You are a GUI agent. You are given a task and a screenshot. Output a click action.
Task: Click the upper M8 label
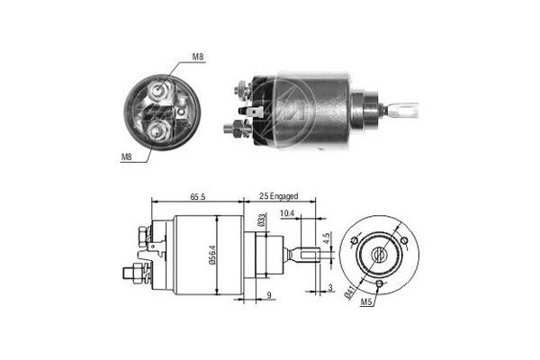point(197,58)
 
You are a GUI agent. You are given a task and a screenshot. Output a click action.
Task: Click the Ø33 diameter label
point(261,219)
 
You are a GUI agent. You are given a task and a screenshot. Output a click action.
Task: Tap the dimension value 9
point(270,295)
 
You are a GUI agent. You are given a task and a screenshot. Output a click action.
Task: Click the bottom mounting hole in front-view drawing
point(382,285)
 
